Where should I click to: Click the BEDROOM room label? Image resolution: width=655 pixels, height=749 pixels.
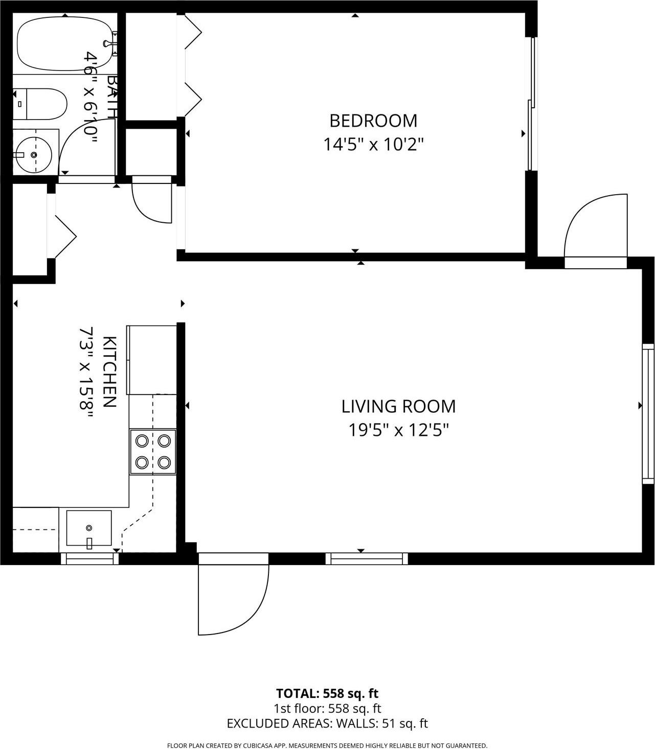[x=373, y=121]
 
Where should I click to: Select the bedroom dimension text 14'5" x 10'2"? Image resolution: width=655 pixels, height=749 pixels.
[x=373, y=145]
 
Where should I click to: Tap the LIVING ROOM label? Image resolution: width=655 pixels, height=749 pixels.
[x=398, y=407]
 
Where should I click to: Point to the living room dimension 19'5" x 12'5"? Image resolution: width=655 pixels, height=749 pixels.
[x=398, y=430]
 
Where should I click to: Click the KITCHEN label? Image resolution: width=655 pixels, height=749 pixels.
[x=109, y=372]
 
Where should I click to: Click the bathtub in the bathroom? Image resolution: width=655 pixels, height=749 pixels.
[x=64, y=44]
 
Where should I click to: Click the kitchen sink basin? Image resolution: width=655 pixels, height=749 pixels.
[x=89, y=528]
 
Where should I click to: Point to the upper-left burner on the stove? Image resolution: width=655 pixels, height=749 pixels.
[x=142, y=440]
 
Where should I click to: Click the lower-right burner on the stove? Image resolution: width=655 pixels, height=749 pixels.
[x=164, y=462]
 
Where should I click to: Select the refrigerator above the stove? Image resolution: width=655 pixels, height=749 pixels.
[x=151, y=360]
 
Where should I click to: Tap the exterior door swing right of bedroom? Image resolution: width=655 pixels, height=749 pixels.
[x=596, y=227]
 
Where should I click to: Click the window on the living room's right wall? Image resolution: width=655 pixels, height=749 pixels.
[x=648, y=414]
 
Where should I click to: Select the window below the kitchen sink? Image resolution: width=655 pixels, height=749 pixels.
[x=90, y=559]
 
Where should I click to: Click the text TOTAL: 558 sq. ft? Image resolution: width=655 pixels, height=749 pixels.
[x=327, y=693]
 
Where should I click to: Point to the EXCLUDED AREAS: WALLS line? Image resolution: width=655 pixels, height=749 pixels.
[x=327, y=723]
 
